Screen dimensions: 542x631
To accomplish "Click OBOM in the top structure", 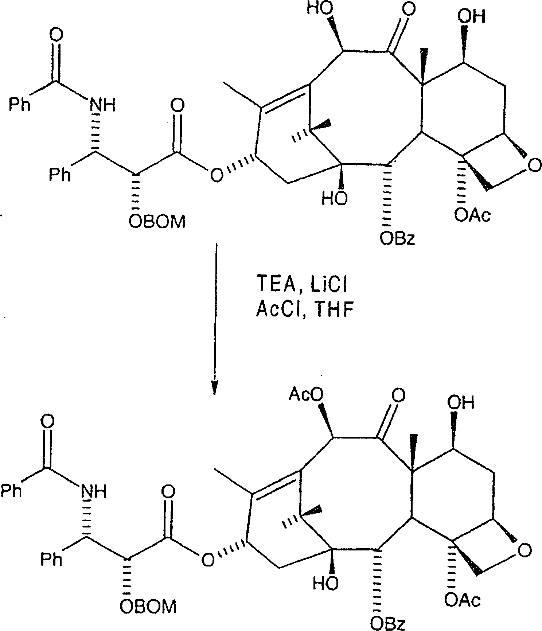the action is pyautogui.click(x=157, y=221).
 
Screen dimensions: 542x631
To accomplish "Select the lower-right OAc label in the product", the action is pyautogui.click(x=463, y=600).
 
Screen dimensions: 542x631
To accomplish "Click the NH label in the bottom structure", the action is pyautogui.click(x=94, y=492).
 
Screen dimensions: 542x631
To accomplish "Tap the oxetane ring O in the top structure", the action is pyautogui.click(x=534, y=166).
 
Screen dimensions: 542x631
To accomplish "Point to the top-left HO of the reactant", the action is pyautogui.click(x=320, y=8).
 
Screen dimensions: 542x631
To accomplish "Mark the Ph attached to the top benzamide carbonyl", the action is pyautogui.click(x=20, y=105).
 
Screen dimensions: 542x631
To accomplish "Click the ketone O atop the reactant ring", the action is pyautogui.click(x=409, y=9).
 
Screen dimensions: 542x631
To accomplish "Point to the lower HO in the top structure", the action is pyautogui.click(x=334, y=198).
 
